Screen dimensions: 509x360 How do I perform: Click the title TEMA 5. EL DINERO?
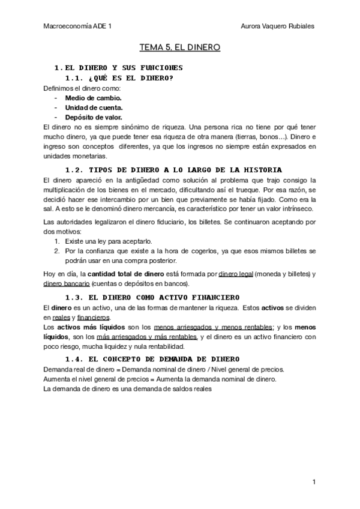[x=180, y=46]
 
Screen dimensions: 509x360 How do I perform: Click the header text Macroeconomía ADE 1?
[x=77, y=26]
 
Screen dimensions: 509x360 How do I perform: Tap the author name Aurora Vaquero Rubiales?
[x=277, y=26]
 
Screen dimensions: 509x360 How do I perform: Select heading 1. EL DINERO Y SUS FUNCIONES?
[x=118, y=67]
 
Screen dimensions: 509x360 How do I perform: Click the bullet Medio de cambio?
[x=93, y=98]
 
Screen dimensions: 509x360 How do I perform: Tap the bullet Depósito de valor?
[x=94, y=118]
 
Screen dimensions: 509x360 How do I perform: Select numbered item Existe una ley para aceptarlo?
[x=111, y=240]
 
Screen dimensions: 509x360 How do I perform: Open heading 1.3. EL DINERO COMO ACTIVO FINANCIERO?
[x=152, y=297]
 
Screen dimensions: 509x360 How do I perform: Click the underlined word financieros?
[x=93, y=317]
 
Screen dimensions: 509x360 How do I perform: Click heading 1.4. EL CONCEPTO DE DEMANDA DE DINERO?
[x=152, y=358]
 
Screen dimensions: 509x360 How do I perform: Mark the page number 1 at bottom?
[x=314, y=482]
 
